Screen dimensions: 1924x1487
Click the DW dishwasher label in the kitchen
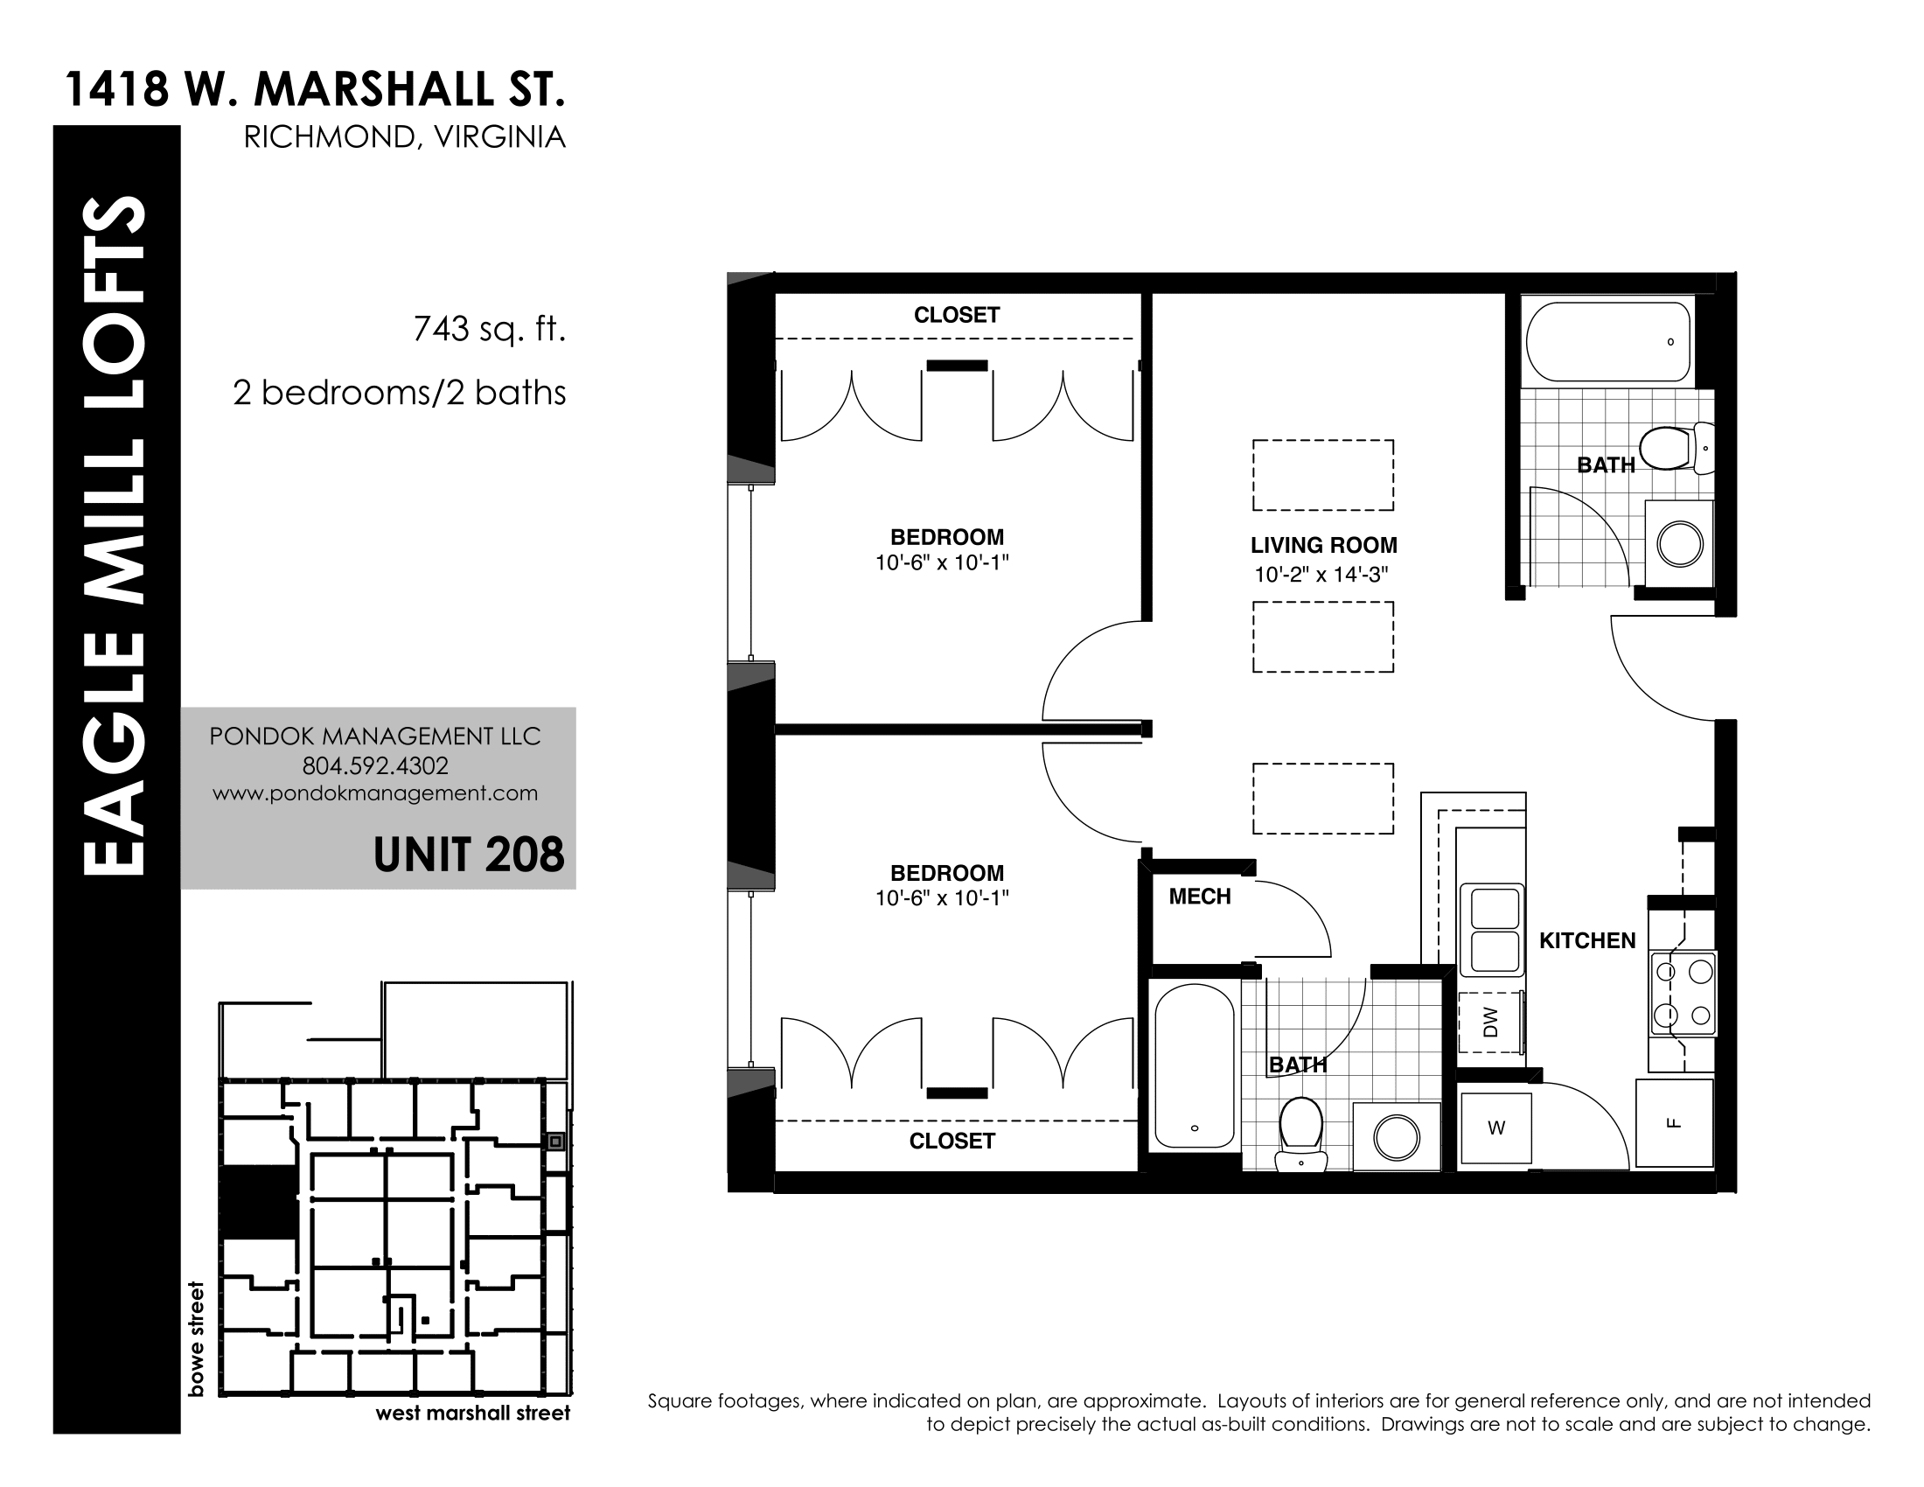(1490, 1022)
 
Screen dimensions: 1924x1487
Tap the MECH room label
(1200, 897)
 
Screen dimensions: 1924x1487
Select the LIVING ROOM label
(1323, 545)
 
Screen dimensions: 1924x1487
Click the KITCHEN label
(1587, 941)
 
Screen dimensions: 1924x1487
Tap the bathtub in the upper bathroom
(1608, 341)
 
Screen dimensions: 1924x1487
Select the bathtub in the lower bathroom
(1195, 1066)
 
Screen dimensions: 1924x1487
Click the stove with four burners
(1683, 994)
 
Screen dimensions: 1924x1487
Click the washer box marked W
(1495, 1127)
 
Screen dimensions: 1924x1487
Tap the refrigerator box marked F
(1675, 1123)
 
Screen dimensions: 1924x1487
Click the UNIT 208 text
(469, 855)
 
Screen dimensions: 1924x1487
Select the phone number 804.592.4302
(375, 765)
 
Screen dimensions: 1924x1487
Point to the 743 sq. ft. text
(489, 330)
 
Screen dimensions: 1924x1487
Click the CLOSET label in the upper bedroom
(957, 316)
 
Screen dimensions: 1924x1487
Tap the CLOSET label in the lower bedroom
(952, 1141)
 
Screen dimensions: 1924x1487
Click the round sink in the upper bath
(1679, 543)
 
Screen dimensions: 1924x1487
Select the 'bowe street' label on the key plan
(197, 1338)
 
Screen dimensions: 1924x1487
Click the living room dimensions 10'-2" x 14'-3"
(1321, 576)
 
